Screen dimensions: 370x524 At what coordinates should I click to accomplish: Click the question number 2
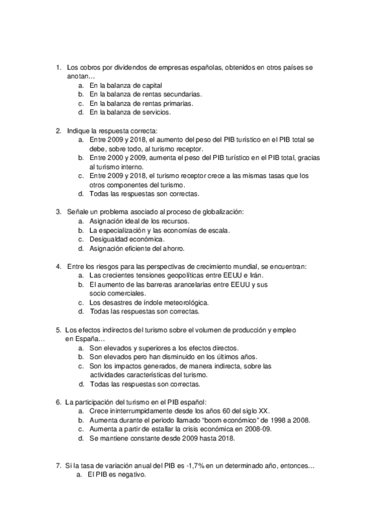[x=58, y=131]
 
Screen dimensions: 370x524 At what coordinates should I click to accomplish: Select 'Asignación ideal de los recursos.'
[x=139, y=221]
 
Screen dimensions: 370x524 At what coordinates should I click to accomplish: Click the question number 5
[x=58, y=330]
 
